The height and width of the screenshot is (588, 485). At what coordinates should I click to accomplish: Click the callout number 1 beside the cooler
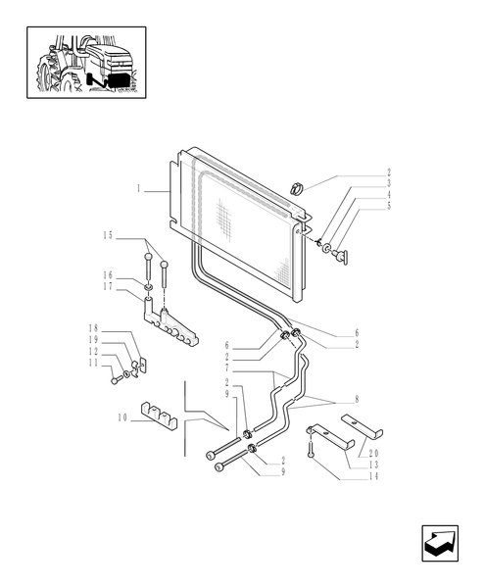tap(139, 187)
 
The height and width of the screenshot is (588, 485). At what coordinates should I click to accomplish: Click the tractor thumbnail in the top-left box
tap(87, 63)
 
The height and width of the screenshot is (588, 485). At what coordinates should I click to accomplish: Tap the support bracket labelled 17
tap(171, 328)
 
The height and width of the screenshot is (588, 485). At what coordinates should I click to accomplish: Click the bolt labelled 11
tap(117, 378)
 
